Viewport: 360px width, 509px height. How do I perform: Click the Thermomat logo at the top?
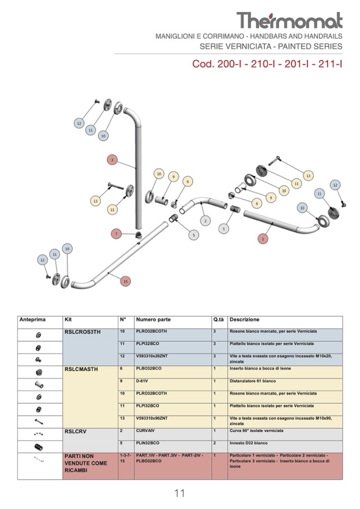(289, 20)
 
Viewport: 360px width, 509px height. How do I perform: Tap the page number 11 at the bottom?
(179, 493)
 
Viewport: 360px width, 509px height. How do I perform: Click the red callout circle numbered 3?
(112, 159)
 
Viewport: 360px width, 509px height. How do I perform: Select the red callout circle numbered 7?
(117, 233)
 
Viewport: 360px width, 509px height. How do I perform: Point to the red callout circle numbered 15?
(125, 281)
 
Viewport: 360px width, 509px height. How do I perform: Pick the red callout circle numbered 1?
(262, 239)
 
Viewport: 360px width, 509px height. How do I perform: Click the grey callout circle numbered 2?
(205, 220)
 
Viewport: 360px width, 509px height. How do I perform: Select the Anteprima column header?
(33, 320)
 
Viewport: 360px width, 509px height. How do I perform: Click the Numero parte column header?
(153, 320)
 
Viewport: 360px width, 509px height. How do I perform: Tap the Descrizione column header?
(244, 320)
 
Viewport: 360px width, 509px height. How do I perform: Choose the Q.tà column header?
(218, 320)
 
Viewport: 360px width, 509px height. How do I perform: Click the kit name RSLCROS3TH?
(82, 332)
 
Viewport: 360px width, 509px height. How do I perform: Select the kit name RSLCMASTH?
(81, 369)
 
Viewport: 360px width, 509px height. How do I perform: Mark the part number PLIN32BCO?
(148, 443)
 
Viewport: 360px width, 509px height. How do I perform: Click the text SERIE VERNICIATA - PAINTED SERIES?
(271, 47)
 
